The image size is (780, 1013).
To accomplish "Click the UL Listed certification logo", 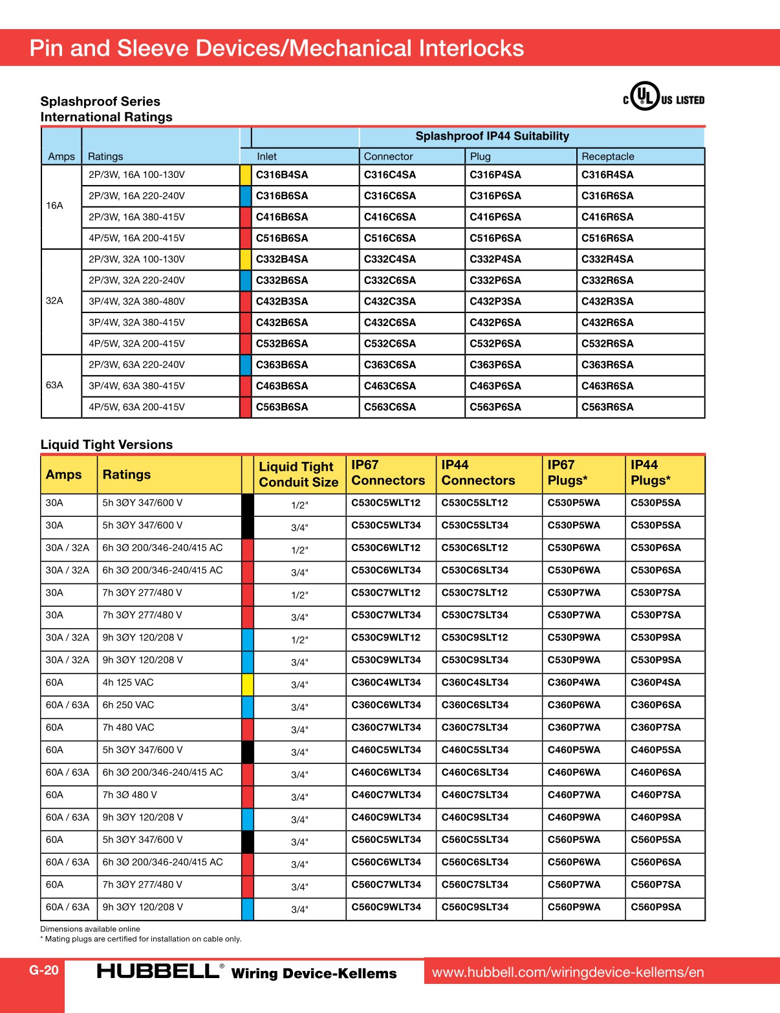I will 663,97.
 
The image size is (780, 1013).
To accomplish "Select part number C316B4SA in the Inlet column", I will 282,175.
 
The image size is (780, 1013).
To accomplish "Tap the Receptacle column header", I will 607,157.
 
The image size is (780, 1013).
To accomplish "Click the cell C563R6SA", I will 607,407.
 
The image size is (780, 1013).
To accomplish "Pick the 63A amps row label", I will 54,385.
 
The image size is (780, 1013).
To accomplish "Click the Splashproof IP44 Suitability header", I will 492,136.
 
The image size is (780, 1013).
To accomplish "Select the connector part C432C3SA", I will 389,301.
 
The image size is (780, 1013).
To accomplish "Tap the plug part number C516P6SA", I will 495,238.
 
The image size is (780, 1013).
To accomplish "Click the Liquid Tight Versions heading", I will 107,444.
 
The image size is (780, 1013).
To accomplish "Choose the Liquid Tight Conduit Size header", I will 298,474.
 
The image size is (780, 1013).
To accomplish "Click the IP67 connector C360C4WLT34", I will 386,682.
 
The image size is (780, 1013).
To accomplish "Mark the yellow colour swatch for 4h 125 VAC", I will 247,684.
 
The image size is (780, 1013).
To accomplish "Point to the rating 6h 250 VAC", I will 128,705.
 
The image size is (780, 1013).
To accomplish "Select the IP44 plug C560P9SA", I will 655,907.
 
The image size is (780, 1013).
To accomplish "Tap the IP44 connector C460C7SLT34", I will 475,795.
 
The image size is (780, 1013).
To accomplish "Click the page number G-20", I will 44,970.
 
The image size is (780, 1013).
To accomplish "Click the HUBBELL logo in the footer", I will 158,971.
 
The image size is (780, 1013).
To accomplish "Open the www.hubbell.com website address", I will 568,972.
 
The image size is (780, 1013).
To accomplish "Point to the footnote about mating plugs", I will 141,939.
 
